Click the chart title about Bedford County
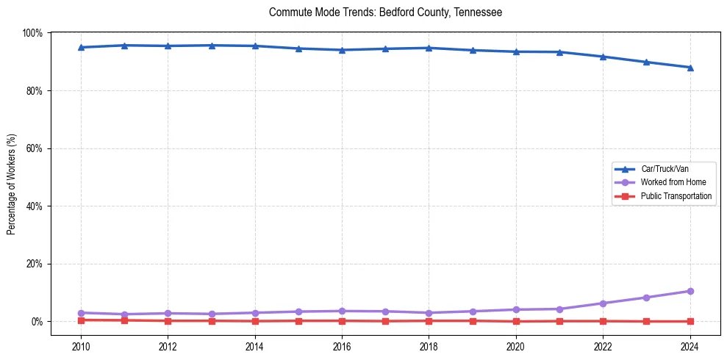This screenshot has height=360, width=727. pos(385,12)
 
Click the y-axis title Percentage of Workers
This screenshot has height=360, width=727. pos(12,184)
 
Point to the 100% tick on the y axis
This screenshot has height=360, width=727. pos(32,33)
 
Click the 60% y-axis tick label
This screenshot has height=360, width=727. pos(34,148)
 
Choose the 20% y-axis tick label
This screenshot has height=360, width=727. pos(34,264)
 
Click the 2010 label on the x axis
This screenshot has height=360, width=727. pos(81,345)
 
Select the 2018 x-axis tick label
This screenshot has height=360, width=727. pos(429,345)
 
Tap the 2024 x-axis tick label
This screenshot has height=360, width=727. pos(690,345)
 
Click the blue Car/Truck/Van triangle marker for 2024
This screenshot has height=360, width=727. pos(690,68)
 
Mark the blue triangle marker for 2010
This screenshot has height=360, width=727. pos(81,48)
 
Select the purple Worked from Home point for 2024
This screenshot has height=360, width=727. pos(690,291)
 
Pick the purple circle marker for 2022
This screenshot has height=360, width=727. pos(603,303)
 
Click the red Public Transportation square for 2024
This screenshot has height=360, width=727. pos(690,321)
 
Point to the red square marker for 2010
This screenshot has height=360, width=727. pos(81,320)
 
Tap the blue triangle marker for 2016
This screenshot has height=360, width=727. pos(342,50)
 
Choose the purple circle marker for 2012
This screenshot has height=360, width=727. pos(168,313)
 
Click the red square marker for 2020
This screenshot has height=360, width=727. pos(516,321)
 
